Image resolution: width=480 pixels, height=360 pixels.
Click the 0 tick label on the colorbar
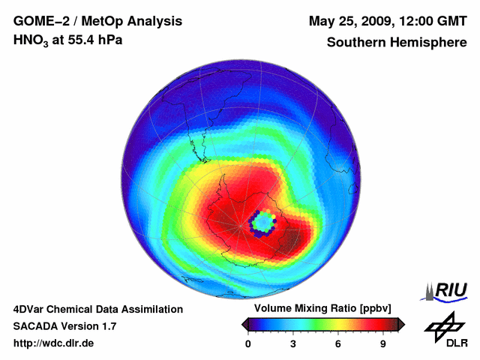(x=248, y=343)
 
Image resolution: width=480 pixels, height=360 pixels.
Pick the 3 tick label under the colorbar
(x=293, y=343)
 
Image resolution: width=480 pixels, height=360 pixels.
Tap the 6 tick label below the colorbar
(x=338, y=343)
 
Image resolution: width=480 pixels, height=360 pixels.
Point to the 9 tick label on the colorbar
(x=383, y=343)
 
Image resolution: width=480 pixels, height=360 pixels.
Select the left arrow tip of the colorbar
(x=244, y=324)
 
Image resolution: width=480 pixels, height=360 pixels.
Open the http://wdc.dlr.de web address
(x=54, y=343)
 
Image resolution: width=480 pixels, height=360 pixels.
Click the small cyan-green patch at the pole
(x=262, y=223)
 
